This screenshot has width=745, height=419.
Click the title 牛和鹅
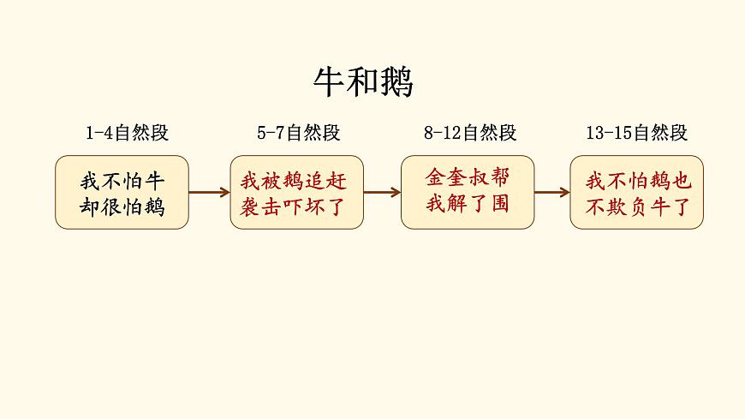363,83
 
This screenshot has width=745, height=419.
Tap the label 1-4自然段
127,133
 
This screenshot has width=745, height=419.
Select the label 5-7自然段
298,133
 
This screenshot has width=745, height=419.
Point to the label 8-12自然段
470,133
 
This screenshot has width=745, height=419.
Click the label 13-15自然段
637,133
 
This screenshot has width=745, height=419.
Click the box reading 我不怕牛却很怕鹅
122,193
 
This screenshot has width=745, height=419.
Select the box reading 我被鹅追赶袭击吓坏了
296,193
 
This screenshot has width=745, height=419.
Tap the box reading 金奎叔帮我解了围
468,193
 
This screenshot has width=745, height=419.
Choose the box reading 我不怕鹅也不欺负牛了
636,193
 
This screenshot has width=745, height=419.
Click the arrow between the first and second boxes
209,193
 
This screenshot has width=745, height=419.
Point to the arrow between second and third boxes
382,193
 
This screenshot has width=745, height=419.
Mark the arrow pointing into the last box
552,193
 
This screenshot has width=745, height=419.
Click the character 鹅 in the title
396,83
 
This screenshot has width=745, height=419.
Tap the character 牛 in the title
330,83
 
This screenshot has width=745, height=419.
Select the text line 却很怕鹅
122,207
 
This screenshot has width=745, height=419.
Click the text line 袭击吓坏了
296,207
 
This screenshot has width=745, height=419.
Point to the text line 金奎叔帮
468,177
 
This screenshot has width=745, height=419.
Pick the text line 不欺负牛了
636,207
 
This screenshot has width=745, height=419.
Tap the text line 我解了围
468,205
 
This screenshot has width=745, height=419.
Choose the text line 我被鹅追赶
296,182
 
